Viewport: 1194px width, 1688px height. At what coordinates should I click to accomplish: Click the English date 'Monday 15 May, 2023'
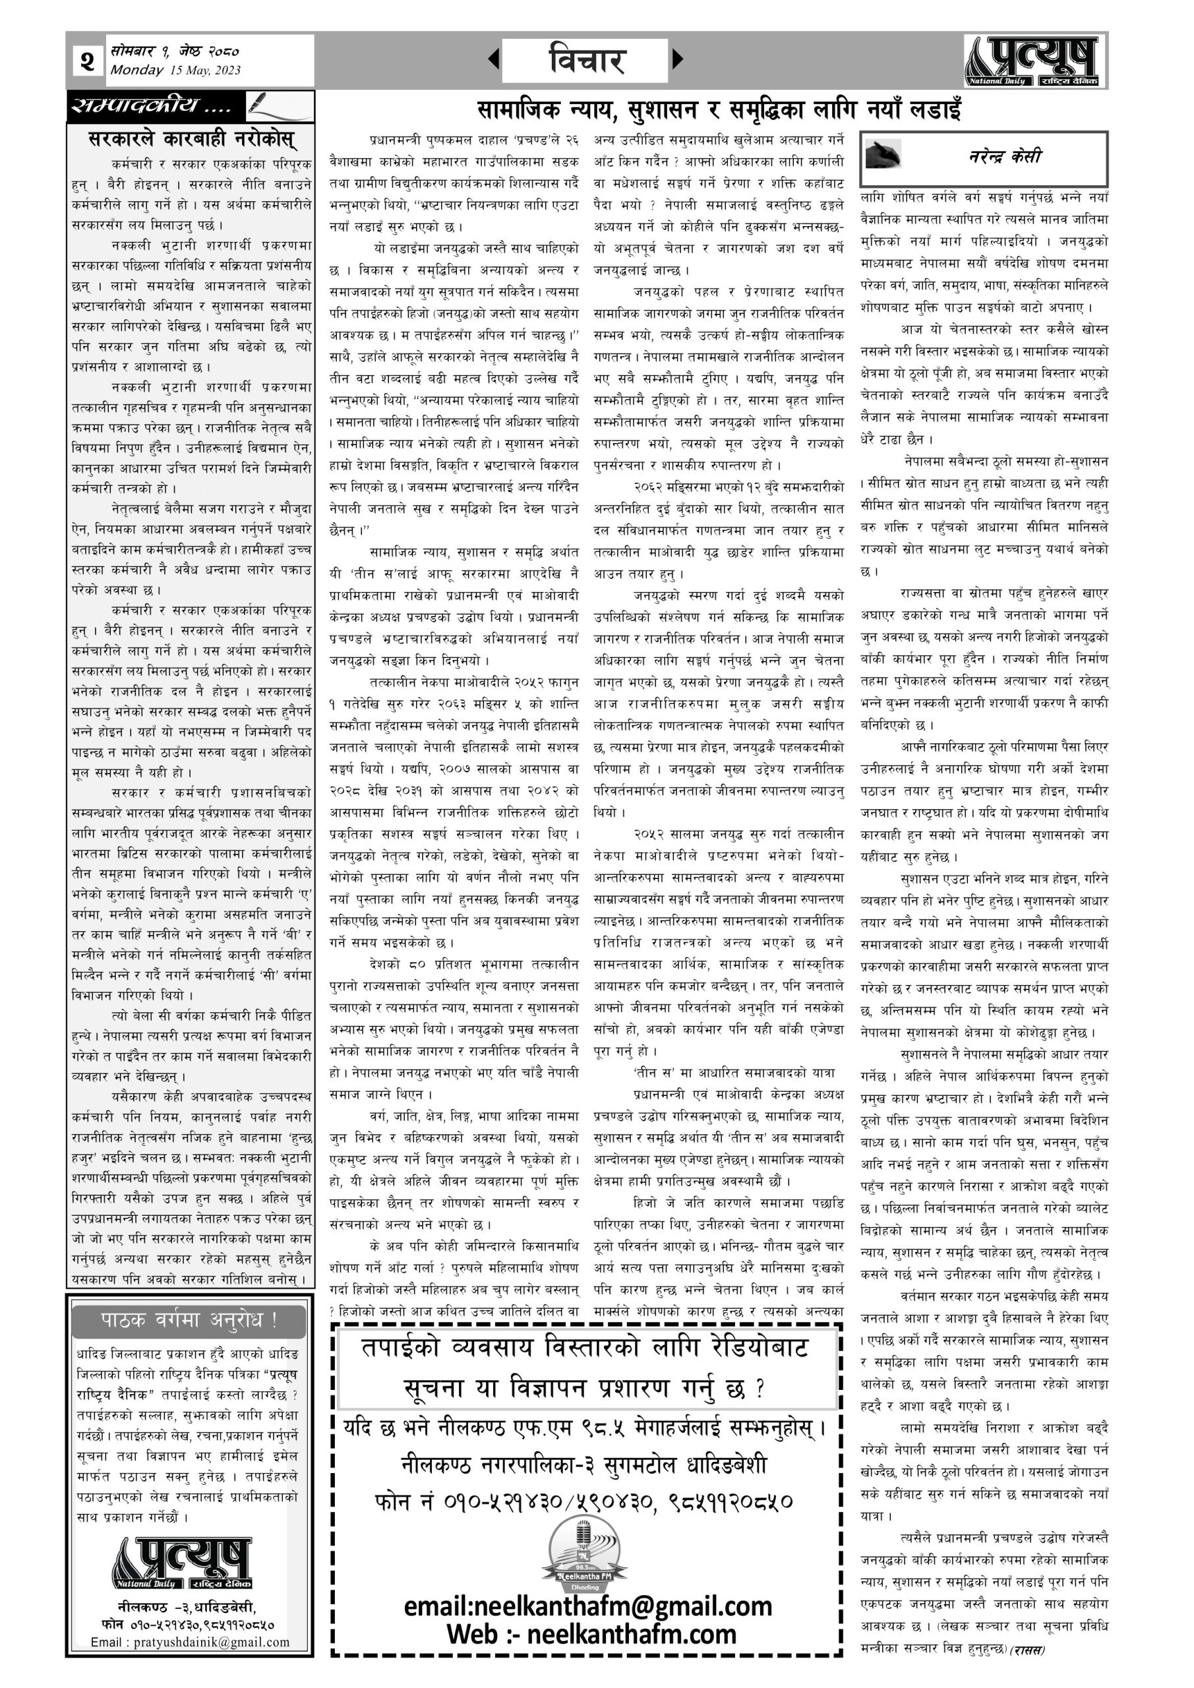(x=175, y=71)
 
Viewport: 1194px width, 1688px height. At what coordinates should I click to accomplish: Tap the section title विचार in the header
(x=586, y=60)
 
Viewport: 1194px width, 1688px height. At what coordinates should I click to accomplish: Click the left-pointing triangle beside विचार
(x=493, y=59)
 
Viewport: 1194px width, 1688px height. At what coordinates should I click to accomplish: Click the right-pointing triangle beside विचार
(x=677, y=59)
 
